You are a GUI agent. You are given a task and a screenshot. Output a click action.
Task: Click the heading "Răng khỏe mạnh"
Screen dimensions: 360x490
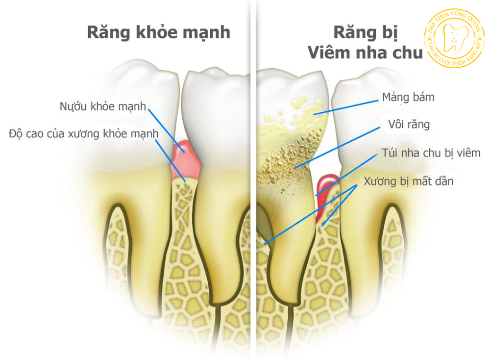(158, 33)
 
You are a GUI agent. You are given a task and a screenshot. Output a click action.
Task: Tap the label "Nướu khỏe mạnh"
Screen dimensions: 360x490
(102, 106)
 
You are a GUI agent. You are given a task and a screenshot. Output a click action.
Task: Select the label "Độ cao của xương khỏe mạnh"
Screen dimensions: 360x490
(84, 133)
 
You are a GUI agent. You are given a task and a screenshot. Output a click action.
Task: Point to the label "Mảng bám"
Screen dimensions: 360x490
(408, 97)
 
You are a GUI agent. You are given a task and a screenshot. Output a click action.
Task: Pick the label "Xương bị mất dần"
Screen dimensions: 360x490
(409, 181)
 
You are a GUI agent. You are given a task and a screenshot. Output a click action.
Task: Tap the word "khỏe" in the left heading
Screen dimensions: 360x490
(150, 33)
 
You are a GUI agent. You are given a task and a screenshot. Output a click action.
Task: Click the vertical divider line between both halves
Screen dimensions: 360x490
(253, 196)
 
